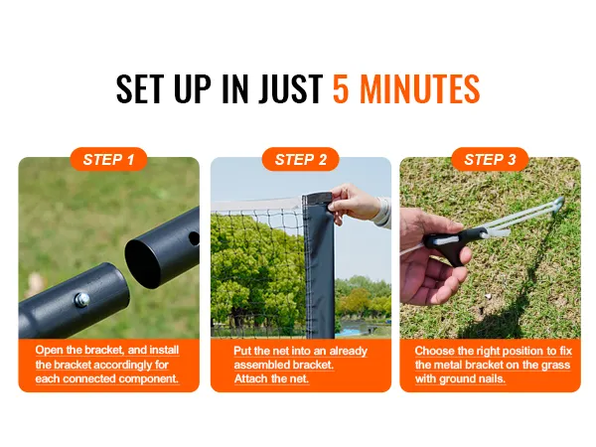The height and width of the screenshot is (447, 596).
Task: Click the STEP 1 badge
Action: [109, 159]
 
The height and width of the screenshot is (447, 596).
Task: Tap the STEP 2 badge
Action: [300, 159]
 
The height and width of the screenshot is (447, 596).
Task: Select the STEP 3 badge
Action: [490, 159]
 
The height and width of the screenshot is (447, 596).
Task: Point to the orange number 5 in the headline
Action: [341, 89]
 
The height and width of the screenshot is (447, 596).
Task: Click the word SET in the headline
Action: [144, 89]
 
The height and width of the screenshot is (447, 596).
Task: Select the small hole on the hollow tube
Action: [192, 238]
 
